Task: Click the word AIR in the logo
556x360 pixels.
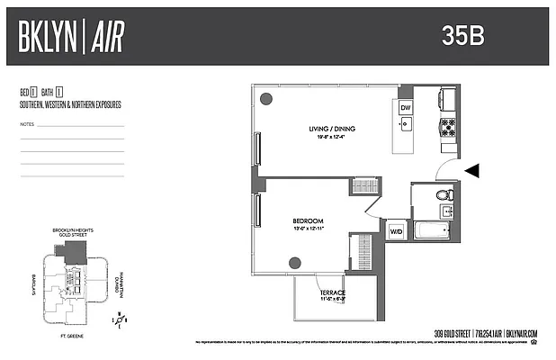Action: point(106,37)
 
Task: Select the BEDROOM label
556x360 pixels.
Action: point(307,220)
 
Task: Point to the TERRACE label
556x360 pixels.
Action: point(333,292)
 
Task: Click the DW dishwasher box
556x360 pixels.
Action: point(406,107)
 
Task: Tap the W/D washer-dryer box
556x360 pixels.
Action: point(396,231)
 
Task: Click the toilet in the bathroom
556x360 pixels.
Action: point(443,194)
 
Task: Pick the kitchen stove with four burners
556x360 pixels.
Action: point(447,127)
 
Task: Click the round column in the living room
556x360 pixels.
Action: point(265,98)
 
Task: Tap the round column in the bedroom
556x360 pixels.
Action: point(294,263)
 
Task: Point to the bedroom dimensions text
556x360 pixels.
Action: point(307,229)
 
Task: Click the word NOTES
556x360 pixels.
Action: point(27,124)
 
